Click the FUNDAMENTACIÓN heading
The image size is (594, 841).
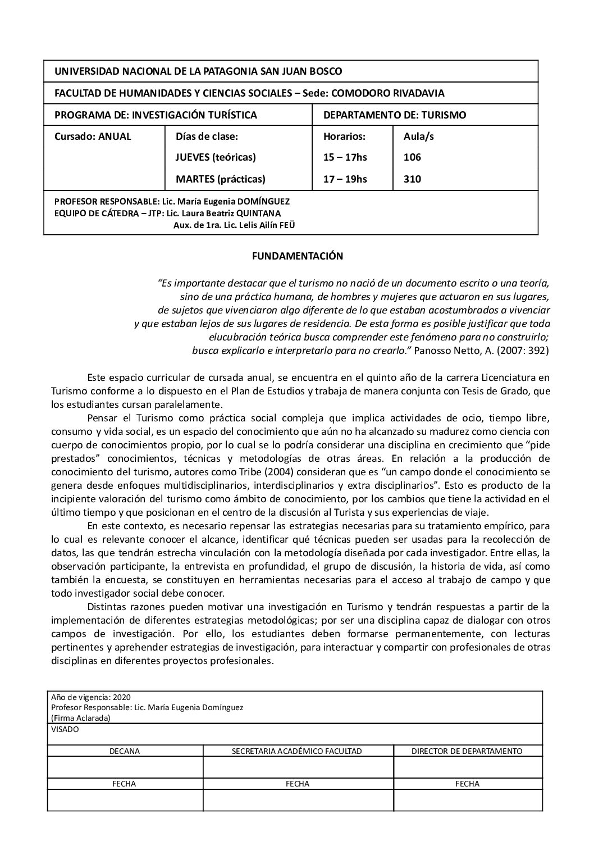point(298,256)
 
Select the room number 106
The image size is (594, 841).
point(412,158)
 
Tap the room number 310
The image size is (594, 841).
point(412,180)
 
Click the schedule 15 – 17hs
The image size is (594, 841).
point(345,158)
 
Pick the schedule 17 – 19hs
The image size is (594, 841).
point(345,180)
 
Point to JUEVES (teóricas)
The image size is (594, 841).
point(216,158)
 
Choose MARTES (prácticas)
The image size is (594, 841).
point(220,180)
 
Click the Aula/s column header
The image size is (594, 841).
point(418,137)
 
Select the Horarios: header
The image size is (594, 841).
point(344,137)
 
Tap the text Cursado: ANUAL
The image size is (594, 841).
point(93,137)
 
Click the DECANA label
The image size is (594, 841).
point(125,751)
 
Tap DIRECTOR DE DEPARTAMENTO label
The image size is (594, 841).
point(467,751)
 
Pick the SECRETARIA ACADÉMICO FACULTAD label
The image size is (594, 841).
point(297,751)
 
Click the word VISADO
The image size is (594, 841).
point(65,730)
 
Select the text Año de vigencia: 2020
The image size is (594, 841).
point(90,697)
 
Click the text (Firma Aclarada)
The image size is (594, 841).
point(80,718)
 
